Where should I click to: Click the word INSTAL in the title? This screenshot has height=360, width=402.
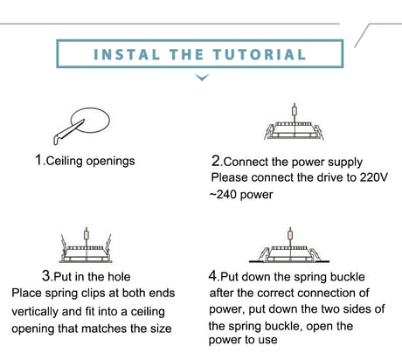pos(127,54)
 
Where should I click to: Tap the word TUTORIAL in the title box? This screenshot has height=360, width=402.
pos(260,54)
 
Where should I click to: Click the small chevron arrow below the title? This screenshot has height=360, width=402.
pos(202,77)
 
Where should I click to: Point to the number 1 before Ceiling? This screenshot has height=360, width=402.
pos(38,160)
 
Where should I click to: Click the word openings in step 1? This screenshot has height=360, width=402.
pos(111,162)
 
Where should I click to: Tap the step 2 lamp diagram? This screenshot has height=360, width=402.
pos(294,121)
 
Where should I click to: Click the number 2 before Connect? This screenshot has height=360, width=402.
pos(216,161)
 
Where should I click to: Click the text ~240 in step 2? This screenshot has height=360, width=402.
pos(223,194)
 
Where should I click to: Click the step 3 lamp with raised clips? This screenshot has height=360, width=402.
pos(86,245)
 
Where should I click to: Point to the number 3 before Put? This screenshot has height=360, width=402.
pos(46,275)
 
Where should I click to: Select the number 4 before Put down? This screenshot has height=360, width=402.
pos(213,275)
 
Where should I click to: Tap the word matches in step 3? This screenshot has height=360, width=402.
pos(104,329)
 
